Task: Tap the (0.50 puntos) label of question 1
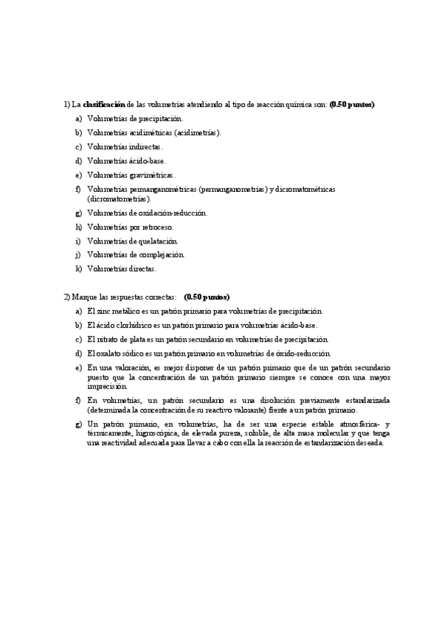coord(352,105)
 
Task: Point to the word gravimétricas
coord(151,175)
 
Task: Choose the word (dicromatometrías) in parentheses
coord(119,199)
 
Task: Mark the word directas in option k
coord(140,269)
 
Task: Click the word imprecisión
coord(107,386)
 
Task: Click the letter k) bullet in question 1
coord(78,269)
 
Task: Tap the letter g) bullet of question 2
coord(78,424)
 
